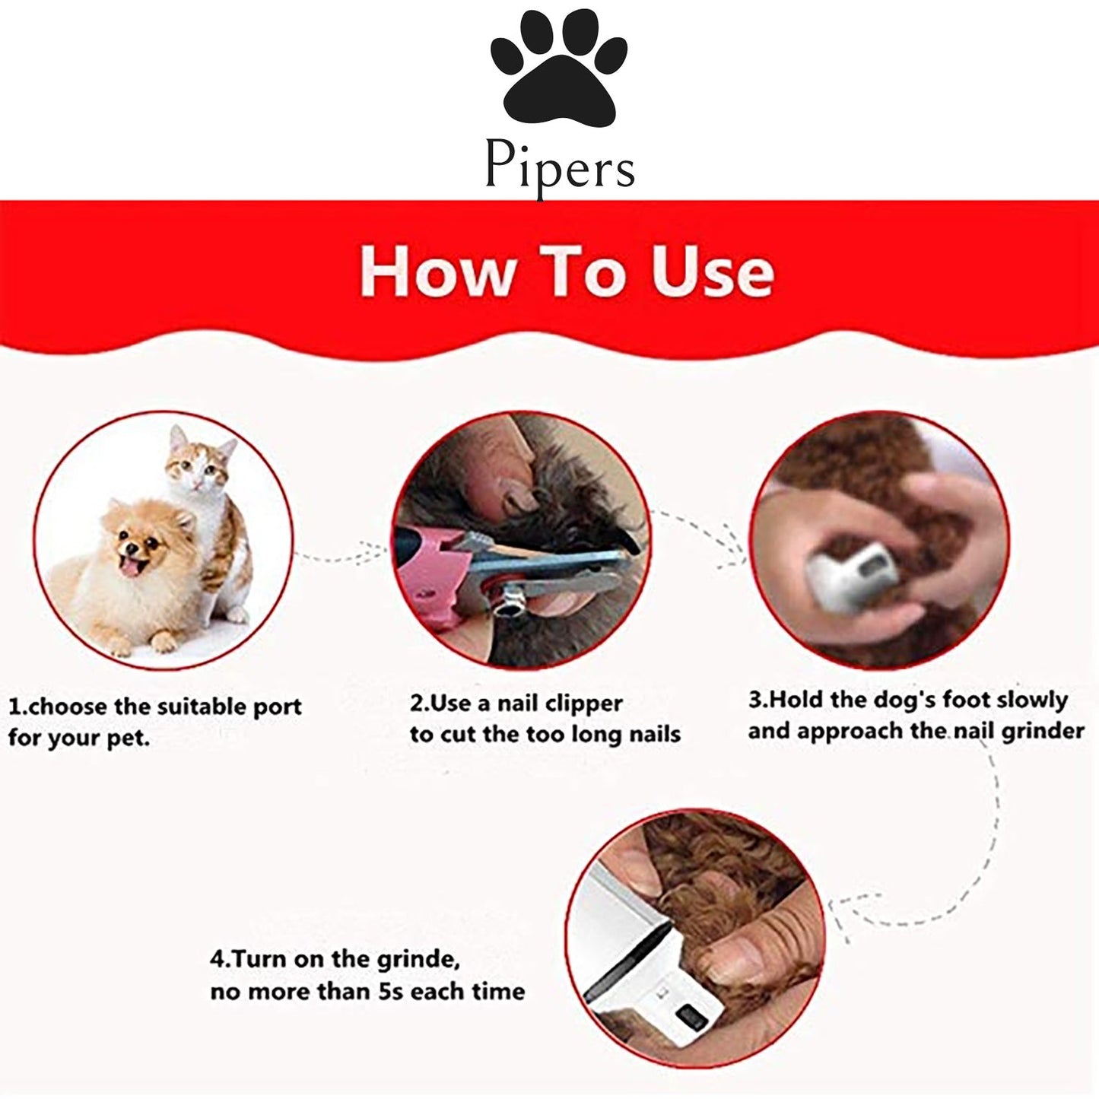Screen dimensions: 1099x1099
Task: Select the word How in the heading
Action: [437, 272]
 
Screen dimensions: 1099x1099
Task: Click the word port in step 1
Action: [278, 708]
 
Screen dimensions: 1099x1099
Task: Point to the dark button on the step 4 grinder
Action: [690, 1016]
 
